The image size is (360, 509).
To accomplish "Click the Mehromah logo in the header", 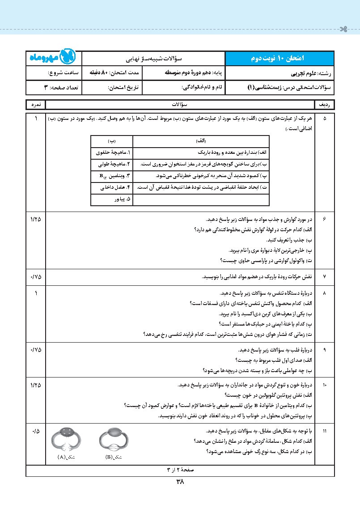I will [54, 58].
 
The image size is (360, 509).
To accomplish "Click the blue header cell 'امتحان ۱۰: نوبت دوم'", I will [279, 58].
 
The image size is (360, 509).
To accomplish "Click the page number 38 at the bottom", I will [180, 482].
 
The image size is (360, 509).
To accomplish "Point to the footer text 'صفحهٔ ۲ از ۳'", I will [180, 471].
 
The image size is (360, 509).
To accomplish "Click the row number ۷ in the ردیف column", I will [325, 276].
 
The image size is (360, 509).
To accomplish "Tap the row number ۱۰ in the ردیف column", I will [325, 385].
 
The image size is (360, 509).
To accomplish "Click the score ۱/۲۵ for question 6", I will [36, 220].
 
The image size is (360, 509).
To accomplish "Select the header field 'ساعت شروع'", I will [63, 72].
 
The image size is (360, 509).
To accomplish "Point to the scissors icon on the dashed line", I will [343, 29].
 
